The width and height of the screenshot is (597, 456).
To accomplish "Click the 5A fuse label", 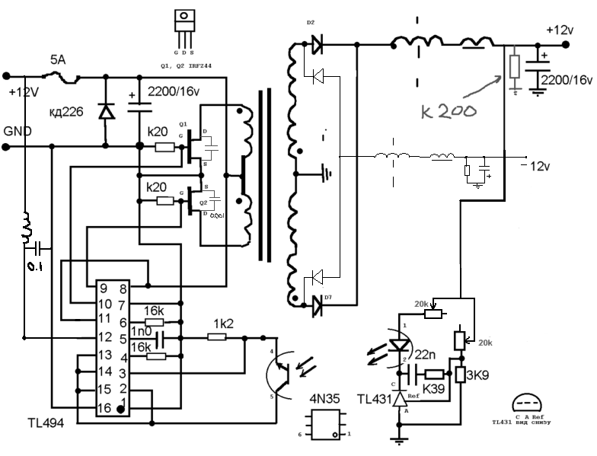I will pyautogui.click(x=58, y=59).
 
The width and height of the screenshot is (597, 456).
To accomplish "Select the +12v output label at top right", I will pyautogui.click(x=560, y=30).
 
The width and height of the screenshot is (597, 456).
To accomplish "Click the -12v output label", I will pyautogui.click(x=543, y=166).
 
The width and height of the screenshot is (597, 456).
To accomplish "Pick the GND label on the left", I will pyautogui.click(x=18, y=131).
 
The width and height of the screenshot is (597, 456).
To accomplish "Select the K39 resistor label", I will pyautogui.click(x=434, y=390).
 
